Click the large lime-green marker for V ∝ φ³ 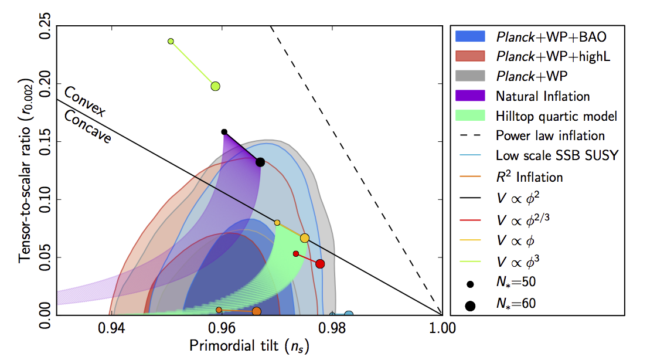click(x=215, y=86)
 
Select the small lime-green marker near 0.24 click(x=171, y=41)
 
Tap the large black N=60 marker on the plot click(x=260, y=162)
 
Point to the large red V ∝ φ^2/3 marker click(x=320, y=264)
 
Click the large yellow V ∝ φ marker click(x=305, y=238)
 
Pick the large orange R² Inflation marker click(x=257, y=311)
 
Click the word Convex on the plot click(x=84, y=100)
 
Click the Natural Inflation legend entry click(x=543, y=96)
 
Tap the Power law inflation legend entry click(x=550, y=135)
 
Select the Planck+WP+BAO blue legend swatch click(x=471, y=36)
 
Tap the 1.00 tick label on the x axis click(x=441, y=327)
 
